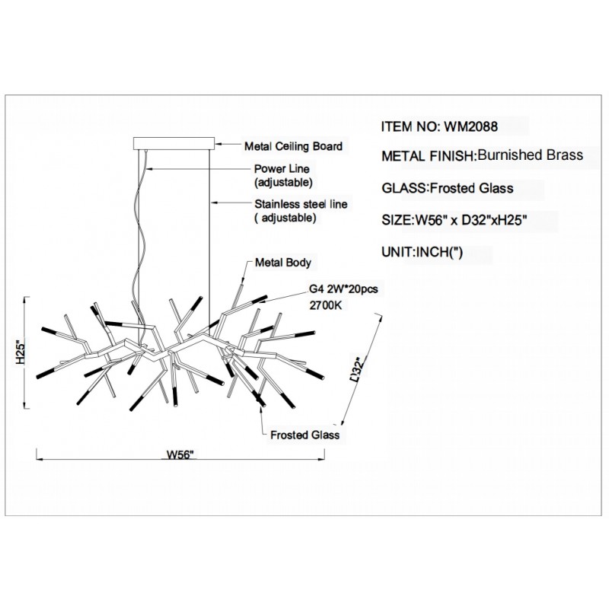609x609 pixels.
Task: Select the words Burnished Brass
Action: click(x=531, y=155)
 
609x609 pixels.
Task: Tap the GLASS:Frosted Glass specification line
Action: click(x=446, y=188)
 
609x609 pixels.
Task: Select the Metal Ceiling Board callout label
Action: click(x=292, y=145)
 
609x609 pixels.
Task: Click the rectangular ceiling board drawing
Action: click(x=174, y=142)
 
